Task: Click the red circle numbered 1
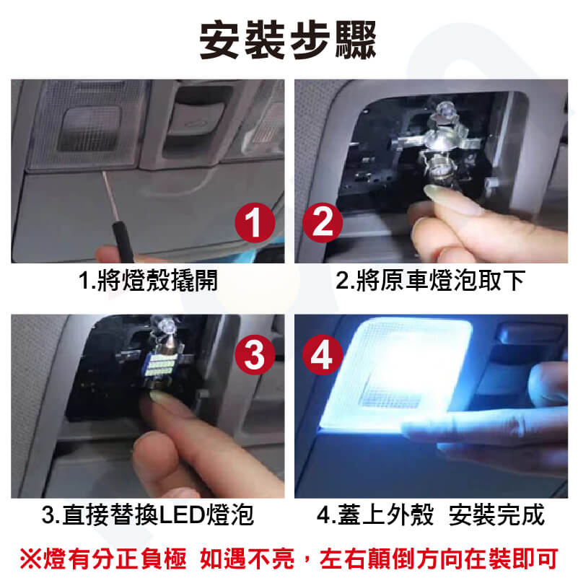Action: click(x=255, y=222)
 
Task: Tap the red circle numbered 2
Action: click(x=323, y=222)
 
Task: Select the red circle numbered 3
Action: click(x=255, y=355)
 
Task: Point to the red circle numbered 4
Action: click(x=323, y=355)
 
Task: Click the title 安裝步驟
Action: click(x=288, y=40)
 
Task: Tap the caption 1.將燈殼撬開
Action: click(x=148, y=281)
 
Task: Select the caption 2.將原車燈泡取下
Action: click(x=430, y=281)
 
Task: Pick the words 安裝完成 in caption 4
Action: click(x=497, y=514)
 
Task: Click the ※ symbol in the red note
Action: click(x=31, y=559)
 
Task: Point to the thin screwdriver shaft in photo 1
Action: click(x=110, y=196)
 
